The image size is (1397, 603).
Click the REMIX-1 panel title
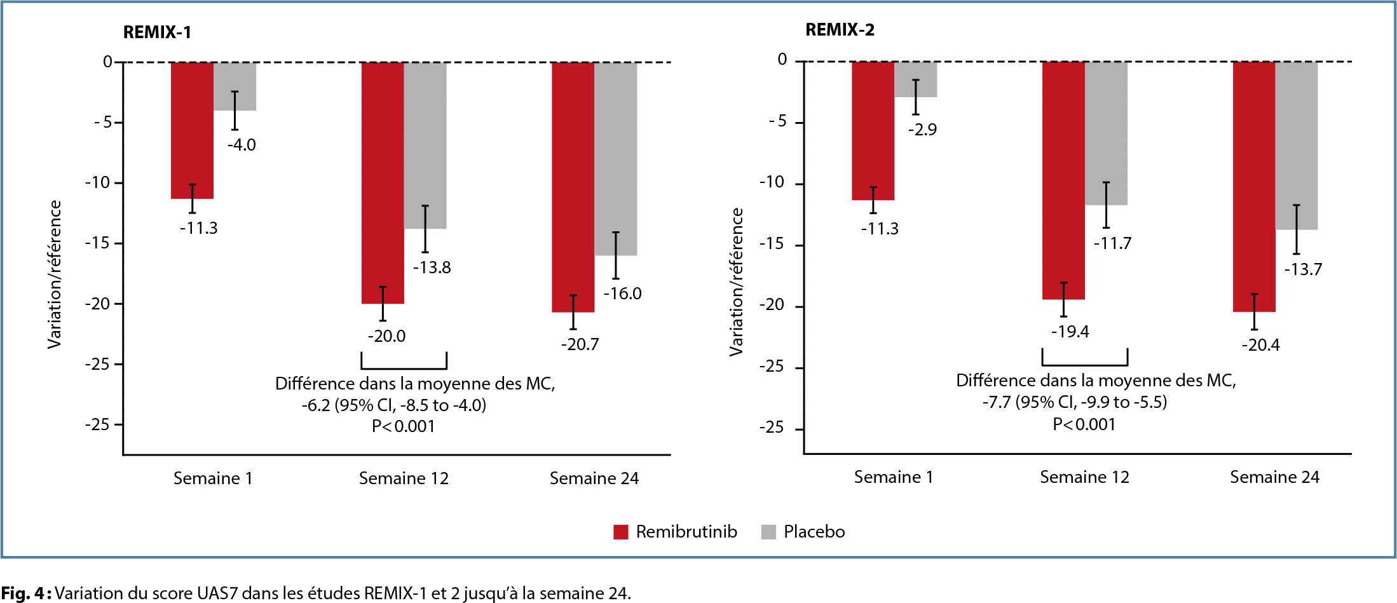click(157, 32)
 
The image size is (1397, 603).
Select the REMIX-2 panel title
click(840, 30)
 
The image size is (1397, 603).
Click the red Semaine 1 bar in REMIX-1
click(192, 130)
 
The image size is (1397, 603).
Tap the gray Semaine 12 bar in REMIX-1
click(425, 146)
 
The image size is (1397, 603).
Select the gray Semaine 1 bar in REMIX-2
click(916, 79)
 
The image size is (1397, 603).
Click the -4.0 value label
click(242, 145)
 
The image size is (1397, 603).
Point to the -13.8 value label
click(432, 268)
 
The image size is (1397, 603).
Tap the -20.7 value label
click(580, 344)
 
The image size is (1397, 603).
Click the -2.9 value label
click(922, 130)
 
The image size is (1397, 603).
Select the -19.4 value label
click(1070, 332)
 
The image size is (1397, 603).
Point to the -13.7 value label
click(1302, 269)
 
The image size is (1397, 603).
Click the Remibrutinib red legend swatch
click(621, 532)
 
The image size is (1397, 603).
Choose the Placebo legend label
click(814, 532)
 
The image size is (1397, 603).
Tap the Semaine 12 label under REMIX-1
click(404, 478)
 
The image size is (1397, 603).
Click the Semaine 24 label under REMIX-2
click(1274, 477)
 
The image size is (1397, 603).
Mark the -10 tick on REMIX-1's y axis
click(98, 183)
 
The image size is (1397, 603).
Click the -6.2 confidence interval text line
click(393, 405)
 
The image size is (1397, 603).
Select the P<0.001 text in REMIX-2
click(1084, 424)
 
